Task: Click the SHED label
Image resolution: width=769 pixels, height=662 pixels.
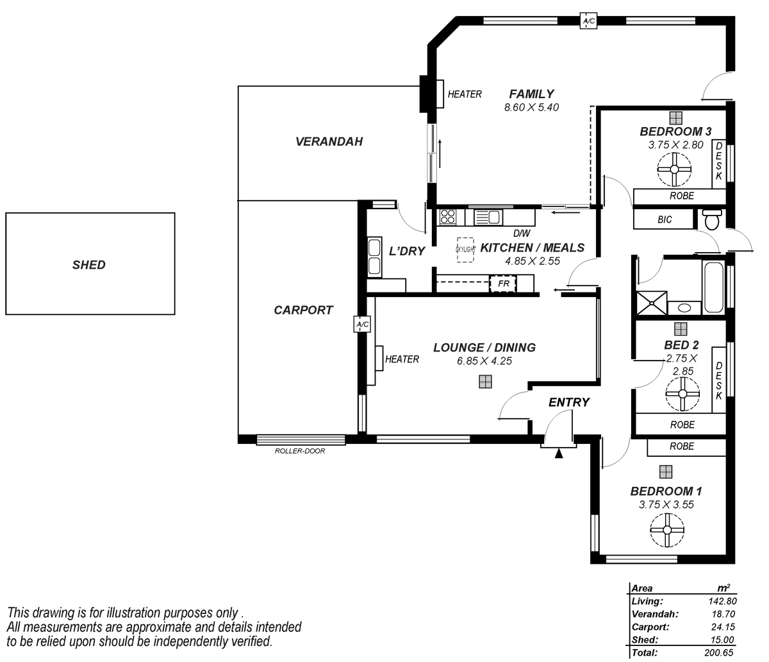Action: point(89,264)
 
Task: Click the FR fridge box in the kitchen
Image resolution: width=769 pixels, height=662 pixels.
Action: point(502,283)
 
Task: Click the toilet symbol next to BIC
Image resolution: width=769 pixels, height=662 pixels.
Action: point(711,219)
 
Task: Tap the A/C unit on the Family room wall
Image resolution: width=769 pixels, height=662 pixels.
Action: point(588,21)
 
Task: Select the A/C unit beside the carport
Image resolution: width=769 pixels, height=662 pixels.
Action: point(362,325)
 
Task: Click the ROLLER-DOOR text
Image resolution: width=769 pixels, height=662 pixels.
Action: point(300,451)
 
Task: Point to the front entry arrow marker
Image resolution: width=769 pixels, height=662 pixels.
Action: point(559,454)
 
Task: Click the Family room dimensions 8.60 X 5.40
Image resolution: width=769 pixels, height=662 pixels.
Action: point(531,107)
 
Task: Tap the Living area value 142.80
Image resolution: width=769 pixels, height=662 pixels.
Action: point(718,602)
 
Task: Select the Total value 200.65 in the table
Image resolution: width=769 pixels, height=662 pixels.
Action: point(718,653)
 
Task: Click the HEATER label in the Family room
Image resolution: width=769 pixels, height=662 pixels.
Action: point(465,94)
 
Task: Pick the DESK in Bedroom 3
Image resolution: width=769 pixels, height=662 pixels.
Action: point(718,162)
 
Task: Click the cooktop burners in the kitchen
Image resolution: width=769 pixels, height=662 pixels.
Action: point(448,217)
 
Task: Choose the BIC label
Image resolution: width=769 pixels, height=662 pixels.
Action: point(665,219)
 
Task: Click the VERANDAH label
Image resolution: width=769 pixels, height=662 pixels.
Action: point(329,141)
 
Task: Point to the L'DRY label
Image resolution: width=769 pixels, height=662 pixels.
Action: point(407,251)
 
